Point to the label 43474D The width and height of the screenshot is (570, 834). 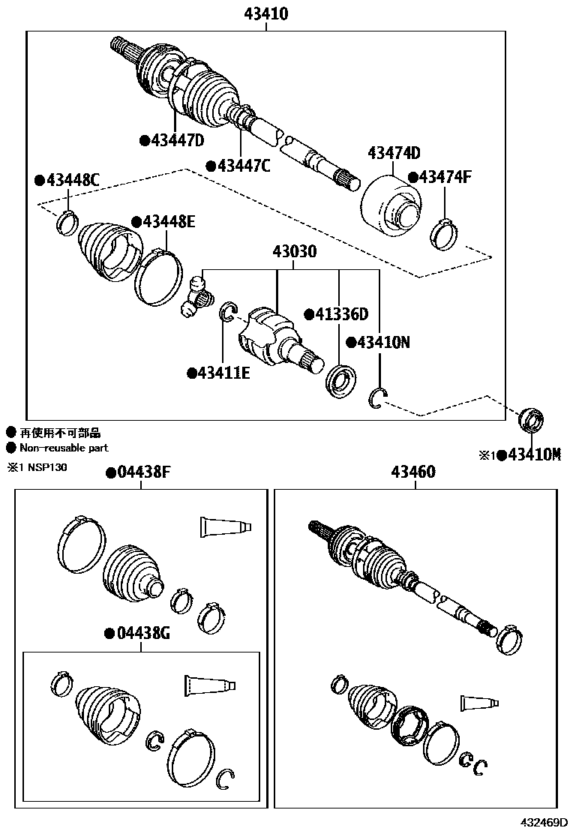pos(394,153)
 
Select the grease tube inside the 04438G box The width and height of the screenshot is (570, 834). pos(210,685)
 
